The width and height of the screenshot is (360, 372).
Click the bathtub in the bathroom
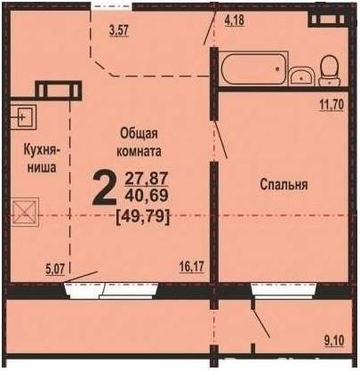[x=253, y=69]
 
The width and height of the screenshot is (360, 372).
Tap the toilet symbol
[x=329, y=70]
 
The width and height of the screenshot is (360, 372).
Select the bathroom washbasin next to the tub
[x=301, y=76]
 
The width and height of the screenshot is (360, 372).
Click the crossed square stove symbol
[x=25, y=213]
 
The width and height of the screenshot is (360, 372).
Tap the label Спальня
[x=284, y=184]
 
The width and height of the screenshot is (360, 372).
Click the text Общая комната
[x=139, y=142]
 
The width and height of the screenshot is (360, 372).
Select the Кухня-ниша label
[x=42, y=158]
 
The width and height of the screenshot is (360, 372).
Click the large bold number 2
[x=104, y=189]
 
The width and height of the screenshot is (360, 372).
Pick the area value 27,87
[x=147, y=179]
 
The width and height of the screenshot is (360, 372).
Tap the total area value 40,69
[x=147, y=195]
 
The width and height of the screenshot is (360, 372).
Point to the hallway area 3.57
[x=118, y=30]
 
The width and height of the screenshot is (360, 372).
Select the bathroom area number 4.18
[x=235, y=20]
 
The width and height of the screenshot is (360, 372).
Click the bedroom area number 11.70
[x=332, y=105]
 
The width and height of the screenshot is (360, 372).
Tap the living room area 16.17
[x=192, y=267]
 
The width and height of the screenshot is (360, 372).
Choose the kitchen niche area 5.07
[x=56, y=269]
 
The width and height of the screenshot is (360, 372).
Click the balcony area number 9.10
[x=334, y=340]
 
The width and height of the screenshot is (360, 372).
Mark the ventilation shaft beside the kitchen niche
[x=58, y=89]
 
